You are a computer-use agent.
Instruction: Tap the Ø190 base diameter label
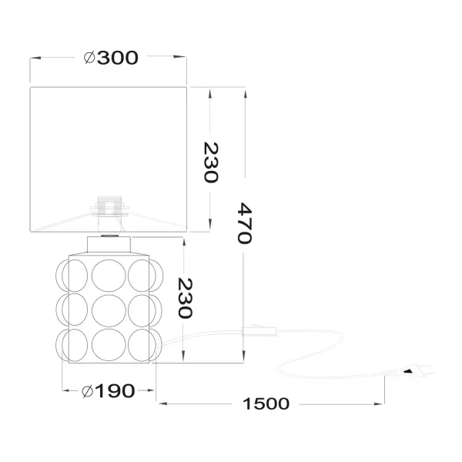click(109, 390)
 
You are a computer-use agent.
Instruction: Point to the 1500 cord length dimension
click(264, 403)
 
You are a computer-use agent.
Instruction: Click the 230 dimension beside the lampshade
click(211, 162)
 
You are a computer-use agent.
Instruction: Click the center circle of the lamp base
click(108, 309)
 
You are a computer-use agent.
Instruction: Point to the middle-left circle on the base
click(75, 309)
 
